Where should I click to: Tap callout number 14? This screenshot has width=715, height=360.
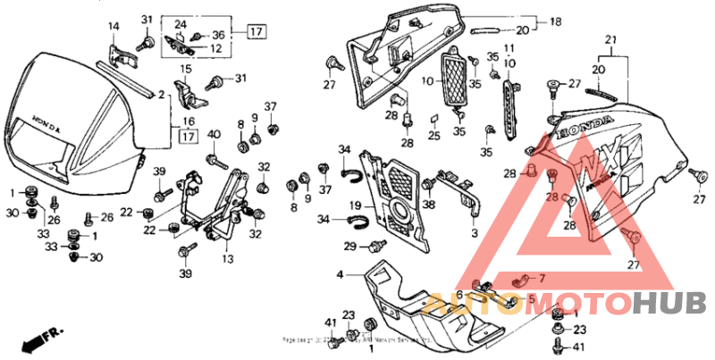click(x=114, y=26)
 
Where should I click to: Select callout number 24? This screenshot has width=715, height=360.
click(x=181, y=24)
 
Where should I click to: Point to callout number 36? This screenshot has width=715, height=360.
click(x=218, y=35)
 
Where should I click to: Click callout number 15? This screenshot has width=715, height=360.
click(x=187, y=68)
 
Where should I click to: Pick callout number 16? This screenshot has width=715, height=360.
click(x=189, y=121)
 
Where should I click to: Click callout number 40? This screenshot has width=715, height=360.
click(x=214, y=134)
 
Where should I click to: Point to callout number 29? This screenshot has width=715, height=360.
click(x=351, y=246)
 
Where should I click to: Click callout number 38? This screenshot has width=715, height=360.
click(x=429, y=204)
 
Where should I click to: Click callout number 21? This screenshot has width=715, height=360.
click(x=611, y=40)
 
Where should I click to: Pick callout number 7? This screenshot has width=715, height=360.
click(x=540, y=278)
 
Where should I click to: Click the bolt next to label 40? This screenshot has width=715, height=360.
click(x=217, y=160)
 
